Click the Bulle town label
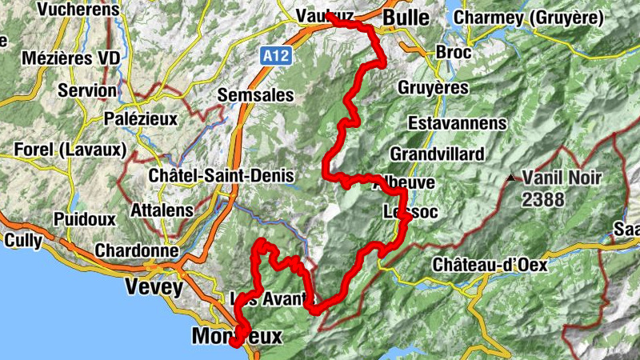pos(406,18)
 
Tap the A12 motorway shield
pos(274,56)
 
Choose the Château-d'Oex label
pos(488,263)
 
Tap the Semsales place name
pos(257,95)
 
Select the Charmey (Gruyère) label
pos(526,17)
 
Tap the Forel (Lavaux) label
pos(71,150)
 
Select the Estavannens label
pos(457,123)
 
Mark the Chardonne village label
pos(136,250)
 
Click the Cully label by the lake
pos(22,240)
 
